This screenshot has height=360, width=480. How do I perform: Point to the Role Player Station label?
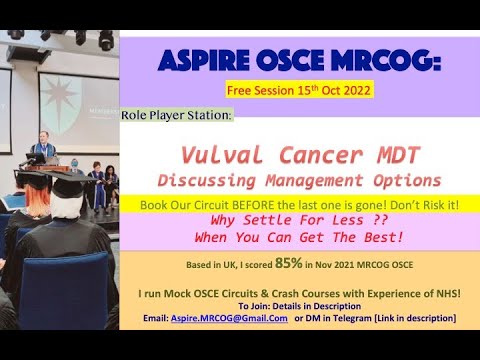coord(177,115)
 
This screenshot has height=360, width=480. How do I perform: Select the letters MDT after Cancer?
coord(388,155)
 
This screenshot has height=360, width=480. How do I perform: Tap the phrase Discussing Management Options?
coord(300,180)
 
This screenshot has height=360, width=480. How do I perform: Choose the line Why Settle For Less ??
coord(299,221)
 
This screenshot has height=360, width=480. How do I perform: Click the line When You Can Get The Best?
coord(299,239)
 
